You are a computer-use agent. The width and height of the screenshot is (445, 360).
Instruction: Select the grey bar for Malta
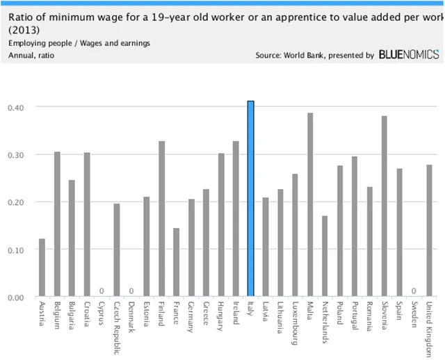[310, 205]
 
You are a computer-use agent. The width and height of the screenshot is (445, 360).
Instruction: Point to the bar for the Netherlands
[325, 256]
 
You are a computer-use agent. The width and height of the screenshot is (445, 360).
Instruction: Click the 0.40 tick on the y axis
[15, 107]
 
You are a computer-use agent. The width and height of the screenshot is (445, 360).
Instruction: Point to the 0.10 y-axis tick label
[15, 249]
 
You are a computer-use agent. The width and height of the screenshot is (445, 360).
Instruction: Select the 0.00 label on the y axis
[15, 297]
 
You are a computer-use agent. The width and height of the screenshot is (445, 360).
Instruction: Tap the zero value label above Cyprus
[102, 291]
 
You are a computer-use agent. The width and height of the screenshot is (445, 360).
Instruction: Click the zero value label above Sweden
[414, 291]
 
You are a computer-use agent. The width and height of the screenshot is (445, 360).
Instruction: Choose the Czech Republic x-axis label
[117, 329]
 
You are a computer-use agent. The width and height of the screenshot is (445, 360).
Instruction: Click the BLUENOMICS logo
[409, 54]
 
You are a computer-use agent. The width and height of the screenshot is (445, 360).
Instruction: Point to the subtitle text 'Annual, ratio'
[31, 54]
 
